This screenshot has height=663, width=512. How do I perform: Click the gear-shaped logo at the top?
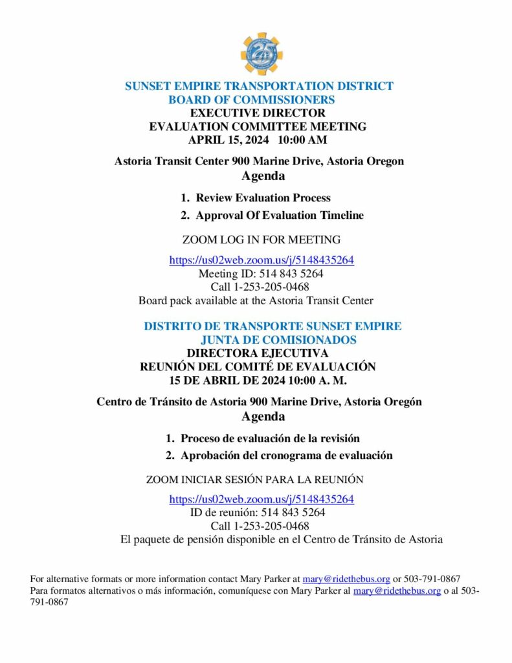[x=262, y=54]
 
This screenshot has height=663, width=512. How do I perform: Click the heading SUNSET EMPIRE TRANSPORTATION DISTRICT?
[x=259, y=86]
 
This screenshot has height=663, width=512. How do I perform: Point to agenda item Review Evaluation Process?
[x=263, y=197]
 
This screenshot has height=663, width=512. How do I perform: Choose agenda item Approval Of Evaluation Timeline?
[x=280, y=215]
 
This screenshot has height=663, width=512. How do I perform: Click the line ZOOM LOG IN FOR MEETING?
[x=262, y=240]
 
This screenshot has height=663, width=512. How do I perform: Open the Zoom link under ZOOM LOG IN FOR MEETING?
[x=262, y=260]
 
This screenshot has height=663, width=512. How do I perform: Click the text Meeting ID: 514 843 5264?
[x=261, y=274]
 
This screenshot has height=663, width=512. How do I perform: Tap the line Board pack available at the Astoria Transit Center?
[x=256, y=300]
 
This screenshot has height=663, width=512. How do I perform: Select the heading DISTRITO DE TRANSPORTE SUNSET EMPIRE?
[x=273, y=326]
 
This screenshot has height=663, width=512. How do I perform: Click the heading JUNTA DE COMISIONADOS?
[x=278, y=340]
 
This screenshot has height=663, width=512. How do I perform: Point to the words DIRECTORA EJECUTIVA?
[x=258, y=353]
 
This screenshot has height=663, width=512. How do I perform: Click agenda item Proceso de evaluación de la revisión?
[x=270, y=438]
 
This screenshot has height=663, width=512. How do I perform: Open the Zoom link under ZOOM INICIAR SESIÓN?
[x=262, y=499]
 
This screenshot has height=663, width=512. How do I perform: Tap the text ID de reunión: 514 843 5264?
[x=258, y=512]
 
